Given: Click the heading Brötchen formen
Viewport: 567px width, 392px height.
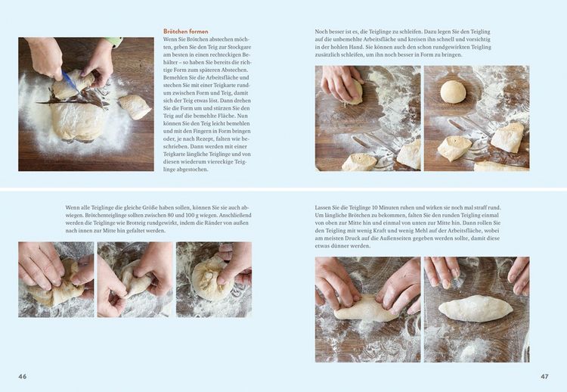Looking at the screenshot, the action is coord(185,32).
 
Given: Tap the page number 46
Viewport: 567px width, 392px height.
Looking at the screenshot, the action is coord(23,376).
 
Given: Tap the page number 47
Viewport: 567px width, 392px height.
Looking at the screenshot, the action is coord(544,376).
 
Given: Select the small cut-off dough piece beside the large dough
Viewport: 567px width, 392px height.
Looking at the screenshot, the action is coord(135,107).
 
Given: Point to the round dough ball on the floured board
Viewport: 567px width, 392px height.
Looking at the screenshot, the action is coord(454,92).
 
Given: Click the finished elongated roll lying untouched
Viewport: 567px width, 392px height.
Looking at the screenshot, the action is coord(476,309).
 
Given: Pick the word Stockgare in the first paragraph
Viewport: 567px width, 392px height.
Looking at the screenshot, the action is coord(240,47).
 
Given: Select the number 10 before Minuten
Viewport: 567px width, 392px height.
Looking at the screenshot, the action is coord(375,208).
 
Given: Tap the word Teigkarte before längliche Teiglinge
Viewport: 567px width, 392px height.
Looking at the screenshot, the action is coord(175,154).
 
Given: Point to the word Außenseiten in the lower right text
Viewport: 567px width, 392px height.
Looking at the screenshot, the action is coord(451,238).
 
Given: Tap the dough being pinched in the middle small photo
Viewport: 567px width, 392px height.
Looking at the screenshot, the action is coord(135,279).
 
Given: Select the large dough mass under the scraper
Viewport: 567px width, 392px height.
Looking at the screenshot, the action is coord(77,120).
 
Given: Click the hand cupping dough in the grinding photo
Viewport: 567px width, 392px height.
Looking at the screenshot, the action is coord(340,83).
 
